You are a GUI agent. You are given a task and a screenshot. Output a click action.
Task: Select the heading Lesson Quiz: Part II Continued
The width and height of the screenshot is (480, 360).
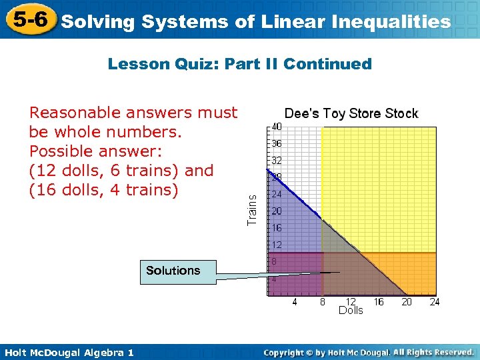[x=239, y=64]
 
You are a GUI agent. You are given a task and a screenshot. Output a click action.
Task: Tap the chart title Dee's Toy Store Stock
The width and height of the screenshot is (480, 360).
[x=351, y=113]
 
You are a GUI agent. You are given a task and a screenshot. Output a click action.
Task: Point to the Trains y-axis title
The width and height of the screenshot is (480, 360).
[x=252, y=209]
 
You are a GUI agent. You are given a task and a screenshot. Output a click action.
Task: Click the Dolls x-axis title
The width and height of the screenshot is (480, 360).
[x=351, y=311]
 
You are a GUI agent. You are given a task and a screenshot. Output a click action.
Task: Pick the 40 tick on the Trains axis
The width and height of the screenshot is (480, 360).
[x=275, y=127]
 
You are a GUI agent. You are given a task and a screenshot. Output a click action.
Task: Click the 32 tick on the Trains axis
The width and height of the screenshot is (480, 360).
[x=275, y=161]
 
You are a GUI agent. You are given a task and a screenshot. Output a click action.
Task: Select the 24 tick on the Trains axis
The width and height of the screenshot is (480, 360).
[x=275, y=195]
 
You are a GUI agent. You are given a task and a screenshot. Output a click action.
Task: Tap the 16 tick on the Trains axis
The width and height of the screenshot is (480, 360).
[x=275, y=228]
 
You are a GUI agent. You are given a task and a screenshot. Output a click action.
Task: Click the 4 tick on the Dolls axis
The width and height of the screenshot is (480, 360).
[x=295, y=302]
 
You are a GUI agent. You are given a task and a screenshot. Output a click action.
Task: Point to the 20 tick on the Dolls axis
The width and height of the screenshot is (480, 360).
[x=407, y=302]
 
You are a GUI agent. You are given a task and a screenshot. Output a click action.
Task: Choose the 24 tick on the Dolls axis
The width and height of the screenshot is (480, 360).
[x=435, y=302]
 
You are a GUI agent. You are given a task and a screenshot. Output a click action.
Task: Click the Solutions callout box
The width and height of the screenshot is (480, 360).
[x=173, y=271]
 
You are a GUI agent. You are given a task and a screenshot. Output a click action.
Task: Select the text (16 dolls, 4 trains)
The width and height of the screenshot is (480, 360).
[x=104, y=190]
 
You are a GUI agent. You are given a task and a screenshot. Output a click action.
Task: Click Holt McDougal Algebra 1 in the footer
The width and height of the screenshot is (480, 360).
[x=67, y=352]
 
